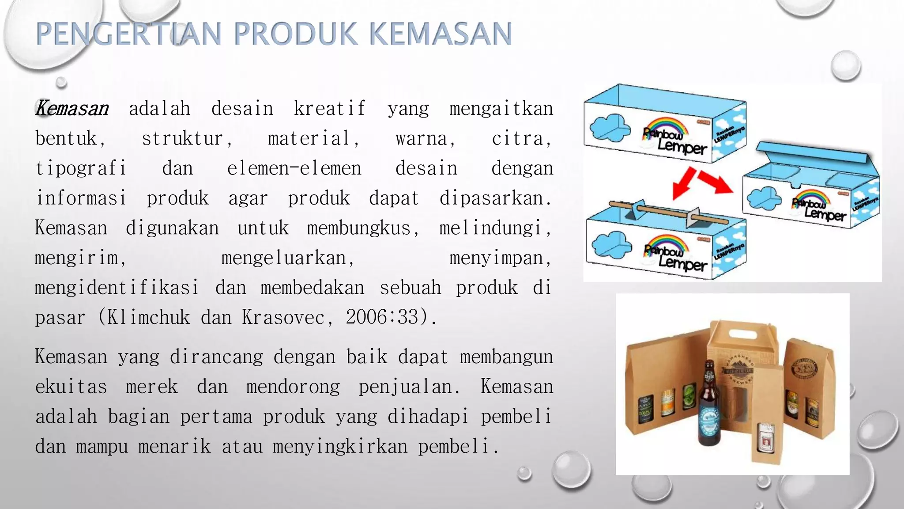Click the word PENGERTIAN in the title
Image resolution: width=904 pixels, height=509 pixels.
click(x=128, y=34)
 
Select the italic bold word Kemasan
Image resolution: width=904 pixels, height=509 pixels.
click(x=72, y=108)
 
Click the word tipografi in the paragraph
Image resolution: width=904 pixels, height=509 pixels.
click(x=81, y=168)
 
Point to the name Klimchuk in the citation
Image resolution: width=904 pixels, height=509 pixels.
click(x=148, y=317)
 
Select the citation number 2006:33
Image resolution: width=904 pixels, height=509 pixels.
click(x=386, y=317)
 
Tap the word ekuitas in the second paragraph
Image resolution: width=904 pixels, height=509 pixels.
click(x=71, y=387)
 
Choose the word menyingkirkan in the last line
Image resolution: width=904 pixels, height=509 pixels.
click(x=340, y=447)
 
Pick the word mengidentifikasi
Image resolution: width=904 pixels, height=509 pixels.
click(x=117, y=288)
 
